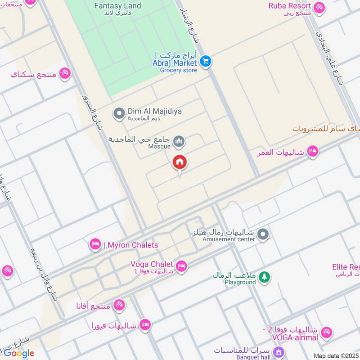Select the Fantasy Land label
[117, 6]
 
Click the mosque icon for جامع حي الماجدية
[180, 142]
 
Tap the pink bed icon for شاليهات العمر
[313, 152]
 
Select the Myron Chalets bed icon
[95, 244]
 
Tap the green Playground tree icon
[265, 277]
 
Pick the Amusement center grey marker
[264, 234]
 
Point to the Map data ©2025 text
[336, 355]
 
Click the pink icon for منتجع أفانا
[119, 305]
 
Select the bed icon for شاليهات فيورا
[144, 324]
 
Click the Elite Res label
[346, 267]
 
